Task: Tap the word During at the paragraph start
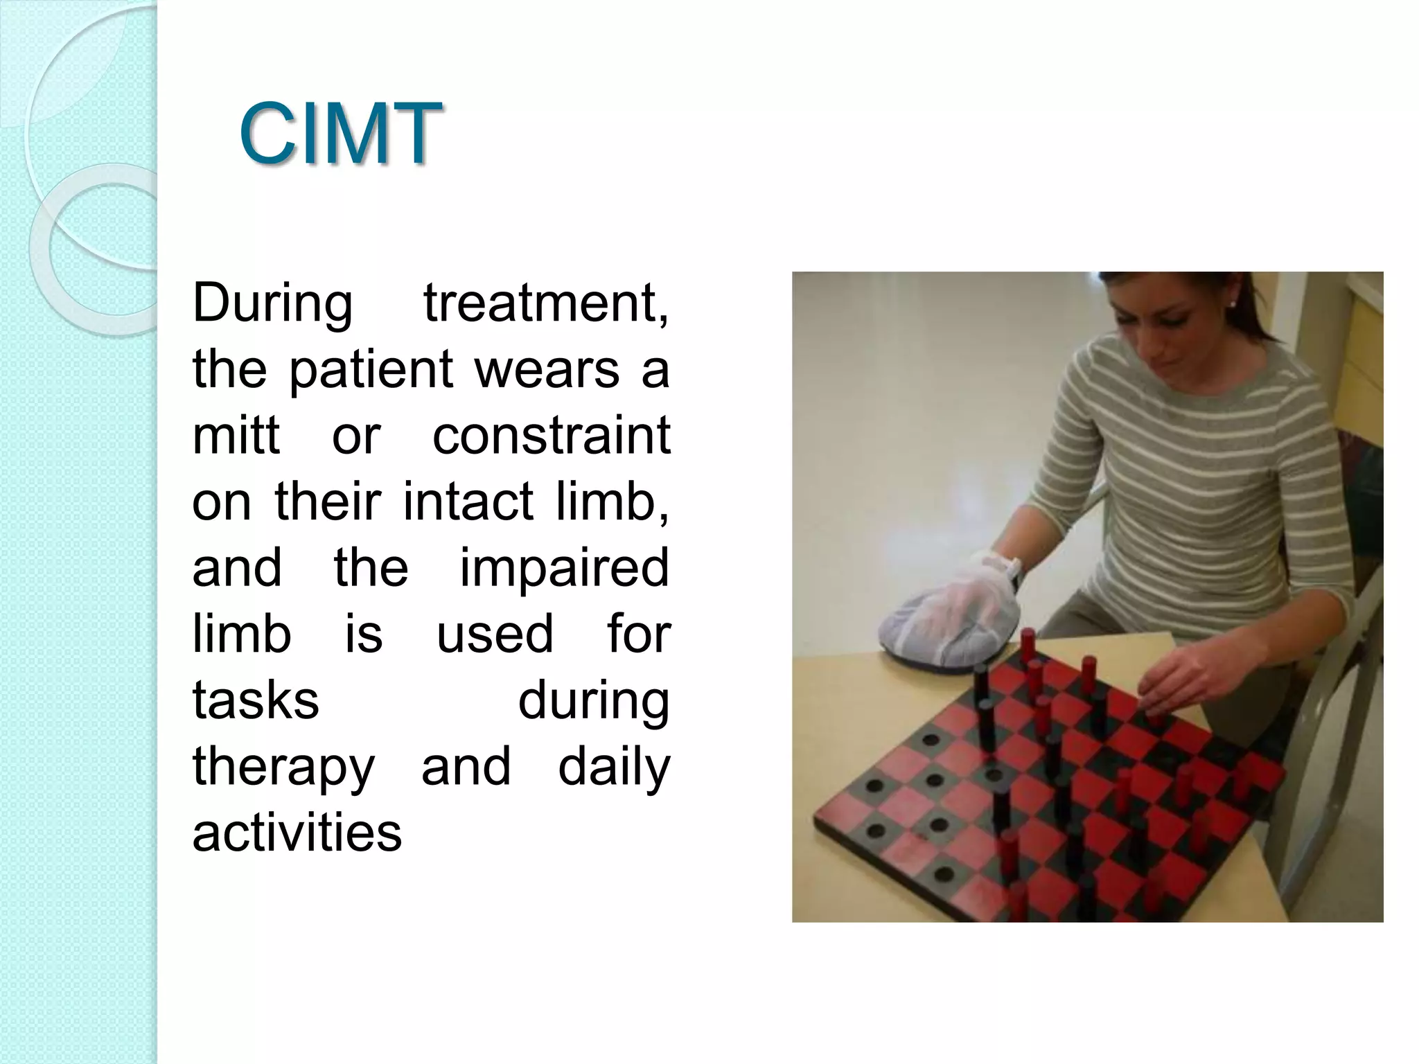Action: (x=272, y=303)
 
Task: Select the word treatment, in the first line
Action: (x=547, y=303)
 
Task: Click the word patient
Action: (x=371, y=370)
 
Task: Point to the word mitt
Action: (x=236, y=436)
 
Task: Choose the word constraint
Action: (x=552, y=436)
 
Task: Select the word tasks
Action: (x=256, y=700)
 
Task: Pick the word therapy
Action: (x=283, y=767)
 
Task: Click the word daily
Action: (x=614, y=767)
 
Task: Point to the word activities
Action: (x=297, y=833)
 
